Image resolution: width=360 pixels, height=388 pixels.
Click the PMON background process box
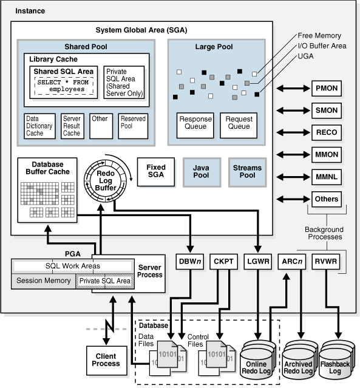point(327,88)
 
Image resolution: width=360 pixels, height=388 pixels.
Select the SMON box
point(327,111)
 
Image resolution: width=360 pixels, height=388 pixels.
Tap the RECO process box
point(327,132)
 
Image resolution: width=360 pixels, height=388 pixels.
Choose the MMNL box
point(327,177)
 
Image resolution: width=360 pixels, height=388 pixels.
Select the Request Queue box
point(239,123)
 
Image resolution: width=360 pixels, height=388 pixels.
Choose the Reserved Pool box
point(133,126)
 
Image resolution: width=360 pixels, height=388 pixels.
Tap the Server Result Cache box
point(72,126)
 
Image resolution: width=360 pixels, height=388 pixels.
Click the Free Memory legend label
point(319,36)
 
